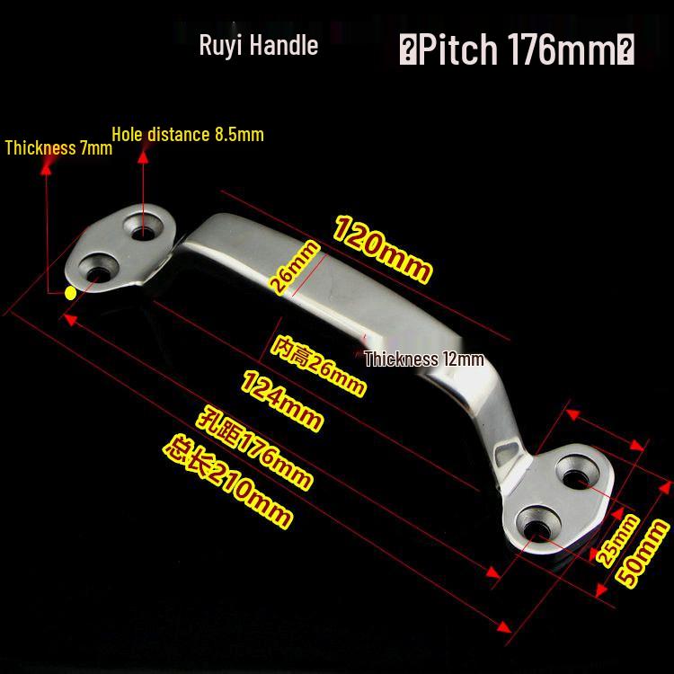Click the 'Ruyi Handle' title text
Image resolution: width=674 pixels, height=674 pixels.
coord(258,46)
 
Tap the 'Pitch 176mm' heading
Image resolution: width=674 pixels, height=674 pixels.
coord(517,49)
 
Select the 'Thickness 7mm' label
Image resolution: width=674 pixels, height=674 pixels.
coord(58,148)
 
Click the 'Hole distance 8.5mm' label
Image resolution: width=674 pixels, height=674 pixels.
coord(188,135)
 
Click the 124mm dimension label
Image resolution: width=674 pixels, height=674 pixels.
coord(281,400)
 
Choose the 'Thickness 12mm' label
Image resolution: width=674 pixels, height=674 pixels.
coord(424,359)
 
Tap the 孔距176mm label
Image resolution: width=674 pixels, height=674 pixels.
coord(253,447)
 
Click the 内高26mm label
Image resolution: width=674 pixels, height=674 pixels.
coord(318,366)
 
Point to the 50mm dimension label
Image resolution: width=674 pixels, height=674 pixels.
coord(642,553)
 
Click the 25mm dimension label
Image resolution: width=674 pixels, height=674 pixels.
coord(617,540)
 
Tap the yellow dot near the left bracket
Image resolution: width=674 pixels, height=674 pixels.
coord(70,293)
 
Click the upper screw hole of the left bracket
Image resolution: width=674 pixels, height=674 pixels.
coord(143,227)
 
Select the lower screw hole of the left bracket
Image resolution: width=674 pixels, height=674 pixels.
coord(99,268)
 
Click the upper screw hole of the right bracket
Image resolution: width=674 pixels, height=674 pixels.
coord(577,472)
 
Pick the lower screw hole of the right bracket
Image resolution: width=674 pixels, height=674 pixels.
coord(537,523)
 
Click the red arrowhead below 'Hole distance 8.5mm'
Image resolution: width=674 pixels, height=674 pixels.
coord(143,156)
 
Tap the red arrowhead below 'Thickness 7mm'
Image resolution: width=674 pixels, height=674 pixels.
coord(46,168)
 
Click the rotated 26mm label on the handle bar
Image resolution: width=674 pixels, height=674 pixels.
coord(295,268)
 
